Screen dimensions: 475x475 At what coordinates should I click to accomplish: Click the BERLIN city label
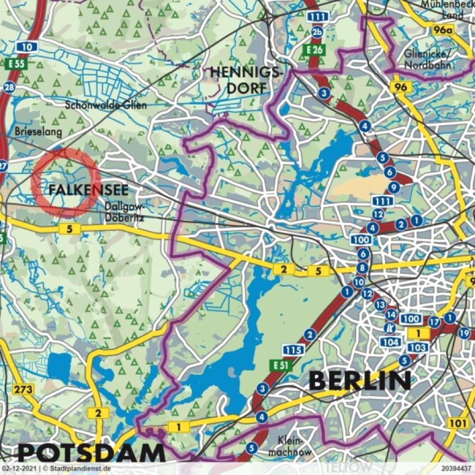[359, 380]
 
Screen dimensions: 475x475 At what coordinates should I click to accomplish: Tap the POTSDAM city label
[91, 453]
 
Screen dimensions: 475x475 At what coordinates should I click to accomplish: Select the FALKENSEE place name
[89, 191]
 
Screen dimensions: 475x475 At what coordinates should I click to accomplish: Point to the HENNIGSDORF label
[247, 80]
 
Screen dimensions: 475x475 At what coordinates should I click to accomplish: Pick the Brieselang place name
[39, 130]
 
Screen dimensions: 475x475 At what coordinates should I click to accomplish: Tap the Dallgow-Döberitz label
[125, 212]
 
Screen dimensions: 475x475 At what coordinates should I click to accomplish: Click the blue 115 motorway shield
[292, 349]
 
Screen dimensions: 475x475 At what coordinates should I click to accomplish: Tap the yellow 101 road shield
[458, 423]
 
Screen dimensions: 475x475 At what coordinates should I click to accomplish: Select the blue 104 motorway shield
[390, 342]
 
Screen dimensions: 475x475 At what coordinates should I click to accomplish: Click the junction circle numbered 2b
[317, 33]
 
